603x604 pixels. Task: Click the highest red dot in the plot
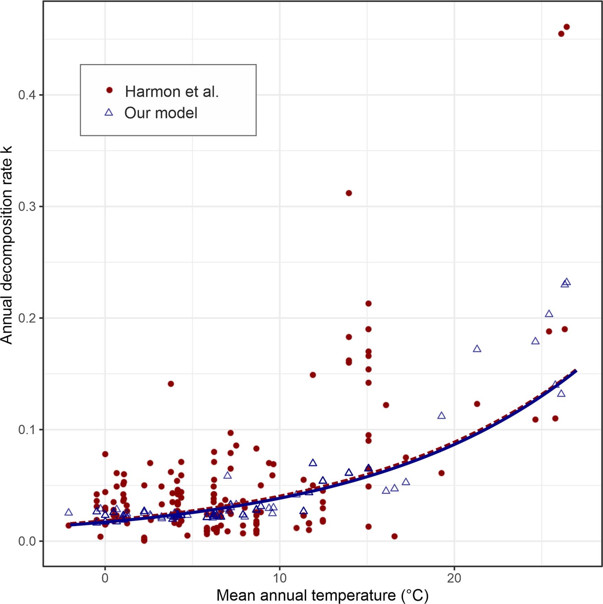point(567,27)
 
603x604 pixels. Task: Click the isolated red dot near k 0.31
point(349,193)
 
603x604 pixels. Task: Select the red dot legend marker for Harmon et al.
point(109,90)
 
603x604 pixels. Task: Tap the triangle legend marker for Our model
point(109,112)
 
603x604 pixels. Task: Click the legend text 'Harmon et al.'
point(172,91)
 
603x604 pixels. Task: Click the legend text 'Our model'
point(161,113)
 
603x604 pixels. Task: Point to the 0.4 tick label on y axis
point(27,95)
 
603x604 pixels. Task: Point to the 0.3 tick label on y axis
point(27,207)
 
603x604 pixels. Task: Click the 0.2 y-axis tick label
point(27,318)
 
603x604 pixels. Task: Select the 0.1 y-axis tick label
point(27,430)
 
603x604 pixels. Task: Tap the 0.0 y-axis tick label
point(27,541)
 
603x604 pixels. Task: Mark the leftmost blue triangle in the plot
point(69,513)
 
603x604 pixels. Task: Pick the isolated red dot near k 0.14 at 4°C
point(171,384)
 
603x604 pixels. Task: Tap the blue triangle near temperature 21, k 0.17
point(477,349)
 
